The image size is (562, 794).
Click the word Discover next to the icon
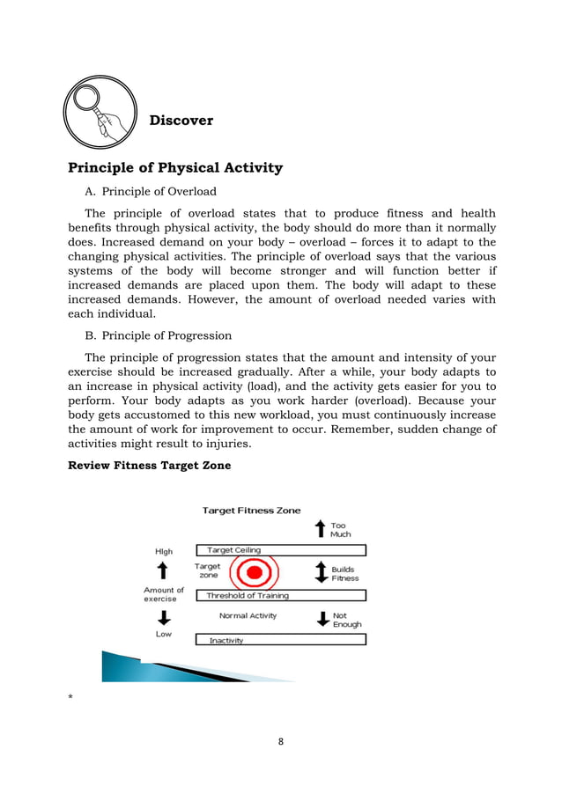pyautogui.click(x=181, y=120)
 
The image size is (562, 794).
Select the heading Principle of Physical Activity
pyautogui.click(x=175, y=167)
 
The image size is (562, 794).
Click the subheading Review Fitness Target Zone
pyautogui.click(x=149, y=466)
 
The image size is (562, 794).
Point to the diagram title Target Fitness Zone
pyautogui.click(x=251, y=510)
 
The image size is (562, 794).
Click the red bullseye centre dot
pyautogui.click(x=254, y=573)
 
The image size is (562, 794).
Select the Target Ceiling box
pyautogui.click(x=280, y=550)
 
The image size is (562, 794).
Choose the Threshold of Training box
pyautogui.click(x=280, y=595)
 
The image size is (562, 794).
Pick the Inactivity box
pyautogui.click(x=280, y=640)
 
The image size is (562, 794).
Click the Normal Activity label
pyautogui.click(x=248, y=616)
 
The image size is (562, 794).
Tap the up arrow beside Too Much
pyautogui.click(x=320, y=529)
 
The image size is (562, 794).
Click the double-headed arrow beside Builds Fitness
pyautogui.click(x=321, y=573)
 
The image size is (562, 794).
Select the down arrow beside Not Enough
pyautogui.click(x=321, y=619)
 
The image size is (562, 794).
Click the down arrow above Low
pyautogui.click(x=164, y=616)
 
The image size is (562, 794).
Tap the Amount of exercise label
pyautogui.click(x=164, y=594)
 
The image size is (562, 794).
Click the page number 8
pyautogui.click(x=281, y=741)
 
